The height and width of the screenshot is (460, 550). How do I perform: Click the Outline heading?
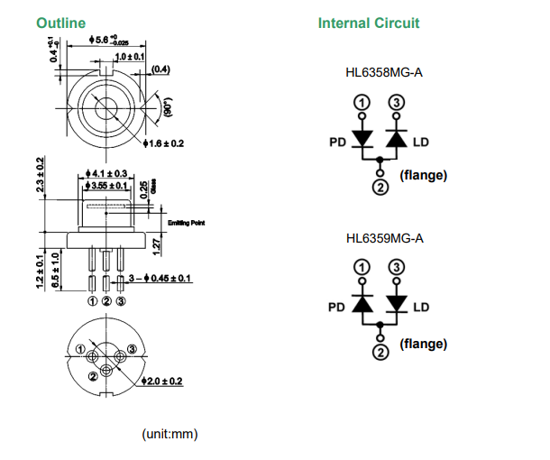61,23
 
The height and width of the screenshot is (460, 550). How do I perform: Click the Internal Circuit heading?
368,23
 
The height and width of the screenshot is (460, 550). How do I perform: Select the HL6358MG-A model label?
384,72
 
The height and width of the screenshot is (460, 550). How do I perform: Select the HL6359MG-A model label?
384,238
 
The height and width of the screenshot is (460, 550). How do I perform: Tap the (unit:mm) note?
170,434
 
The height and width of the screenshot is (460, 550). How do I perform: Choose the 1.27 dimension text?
157,244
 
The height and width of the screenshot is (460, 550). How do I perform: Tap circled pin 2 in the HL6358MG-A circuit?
380,187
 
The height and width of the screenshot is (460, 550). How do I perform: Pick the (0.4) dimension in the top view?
160,69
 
